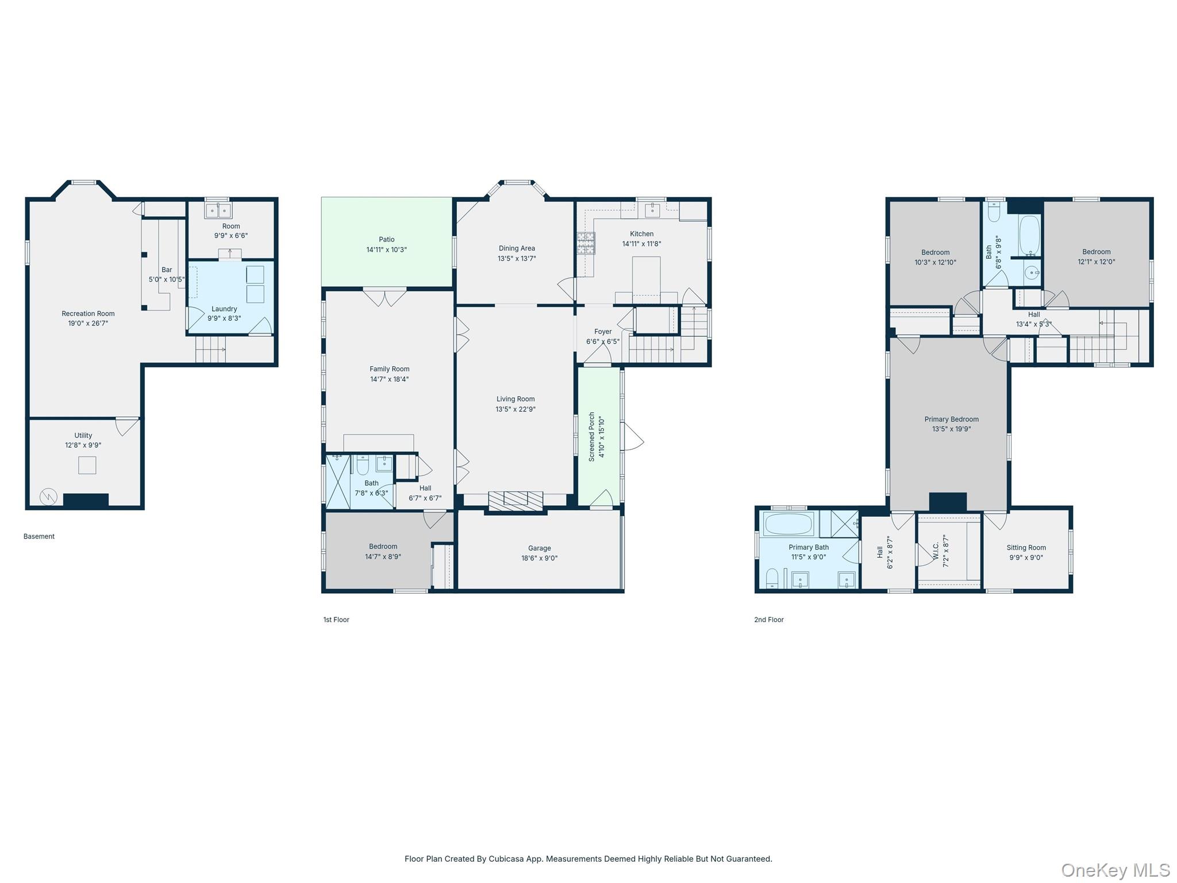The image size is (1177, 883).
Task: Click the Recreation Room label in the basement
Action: [x=88, y=313]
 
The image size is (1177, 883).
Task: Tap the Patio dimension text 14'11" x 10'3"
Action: [x=386, y=249]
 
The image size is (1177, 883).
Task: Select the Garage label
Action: [x=539, y=548]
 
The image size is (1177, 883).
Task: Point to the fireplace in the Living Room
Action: [x=515, y=500]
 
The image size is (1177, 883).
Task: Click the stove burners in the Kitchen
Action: [x=586, y=243]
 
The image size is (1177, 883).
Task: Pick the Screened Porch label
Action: [x=592, y=436]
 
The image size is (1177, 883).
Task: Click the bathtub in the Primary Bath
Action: [x=788, y=524]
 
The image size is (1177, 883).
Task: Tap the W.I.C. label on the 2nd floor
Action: [x=936, y=551]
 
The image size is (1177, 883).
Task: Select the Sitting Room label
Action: [x=1026, y=547]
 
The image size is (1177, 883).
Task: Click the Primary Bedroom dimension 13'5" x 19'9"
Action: [x=951, y=429]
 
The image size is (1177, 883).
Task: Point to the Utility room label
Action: [x=83, y=435]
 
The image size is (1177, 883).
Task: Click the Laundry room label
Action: [x=224, y=309]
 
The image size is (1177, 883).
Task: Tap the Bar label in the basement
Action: [x=167, y=270]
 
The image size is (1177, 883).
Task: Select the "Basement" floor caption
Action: [x=39, y=536]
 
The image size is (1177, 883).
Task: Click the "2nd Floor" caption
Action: [x=768, y=620]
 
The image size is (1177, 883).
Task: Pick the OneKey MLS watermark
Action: [x=1115, y=870]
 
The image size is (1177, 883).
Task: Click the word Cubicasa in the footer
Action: [x=503, y=859]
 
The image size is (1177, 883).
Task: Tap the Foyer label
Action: [x=603, y=332]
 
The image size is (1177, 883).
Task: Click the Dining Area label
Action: [x=517, y=248]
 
